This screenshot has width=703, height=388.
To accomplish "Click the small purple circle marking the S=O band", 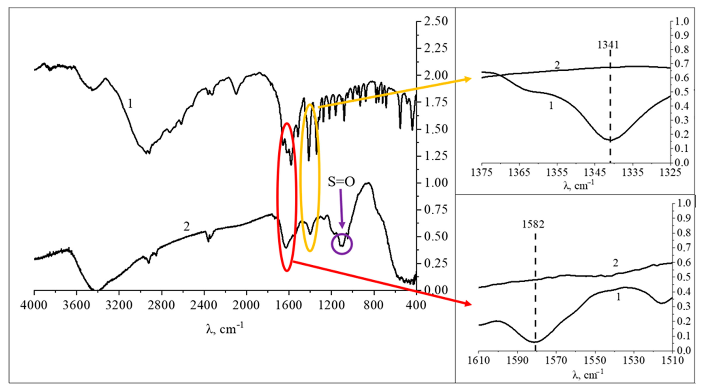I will (342, 244).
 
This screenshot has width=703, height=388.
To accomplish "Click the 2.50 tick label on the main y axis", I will (436, 21).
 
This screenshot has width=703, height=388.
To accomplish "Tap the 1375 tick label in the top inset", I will (482, 173).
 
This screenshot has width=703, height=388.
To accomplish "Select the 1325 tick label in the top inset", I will (670, 173).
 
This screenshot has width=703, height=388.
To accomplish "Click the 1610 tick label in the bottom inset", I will (478, 361).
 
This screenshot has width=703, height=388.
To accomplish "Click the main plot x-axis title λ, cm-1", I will (224, 329).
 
